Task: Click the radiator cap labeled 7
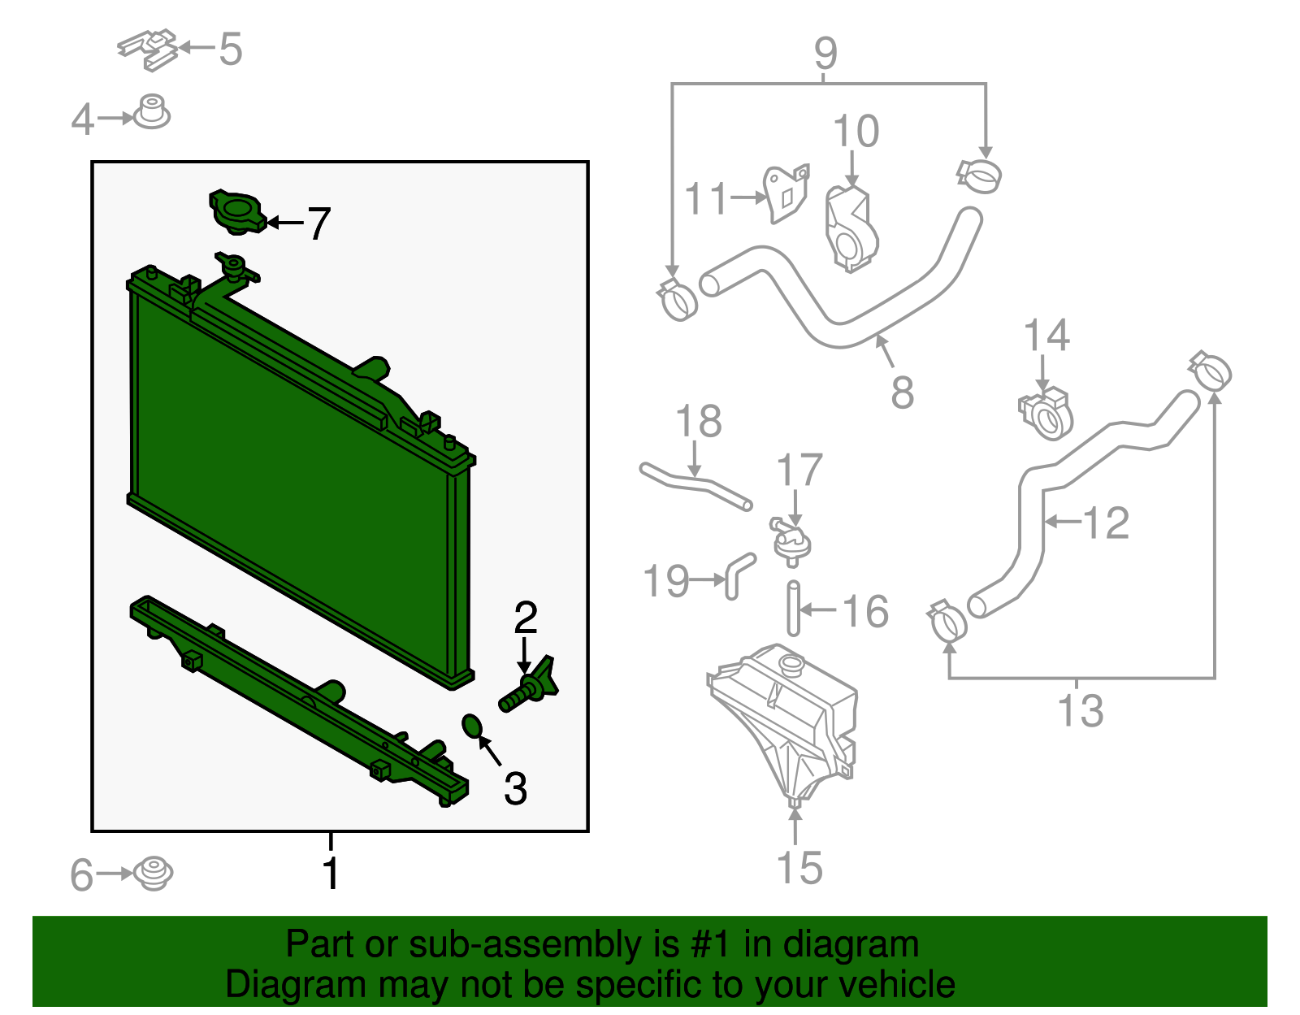point(237,212)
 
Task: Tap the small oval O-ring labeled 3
point(473,726)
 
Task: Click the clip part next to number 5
point(147,50)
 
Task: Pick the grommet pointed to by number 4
point(151,112)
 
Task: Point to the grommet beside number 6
point(153,874)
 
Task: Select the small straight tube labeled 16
point(793,609)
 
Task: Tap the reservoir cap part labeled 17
point(791,541)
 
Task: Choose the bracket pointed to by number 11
point(786,193)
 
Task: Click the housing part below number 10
point(850,229)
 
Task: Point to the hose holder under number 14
point(1046,414)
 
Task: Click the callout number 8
point(902,393)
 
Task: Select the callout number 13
point(1081,710)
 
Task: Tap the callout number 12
point(1106,523)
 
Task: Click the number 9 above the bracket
point(825,53)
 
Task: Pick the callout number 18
point(699,420)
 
